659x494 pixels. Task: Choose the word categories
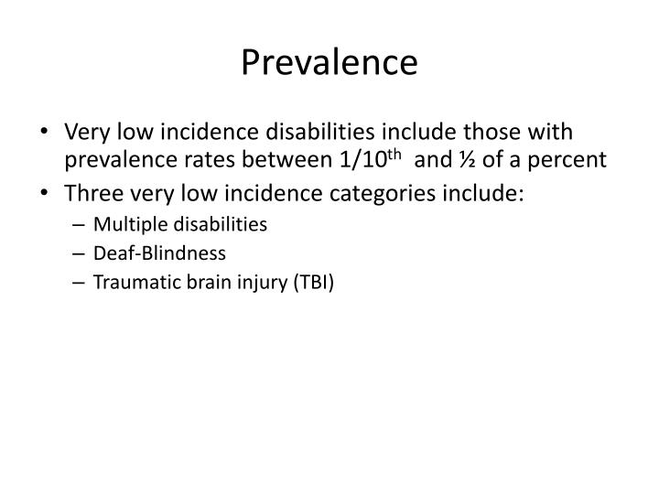coord(368,196)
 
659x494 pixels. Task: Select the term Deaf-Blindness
coord(145,253)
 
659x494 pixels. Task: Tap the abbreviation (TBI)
coord(316,282)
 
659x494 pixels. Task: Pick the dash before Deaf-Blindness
coord(82,253)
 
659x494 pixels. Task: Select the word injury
coord(259,282)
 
